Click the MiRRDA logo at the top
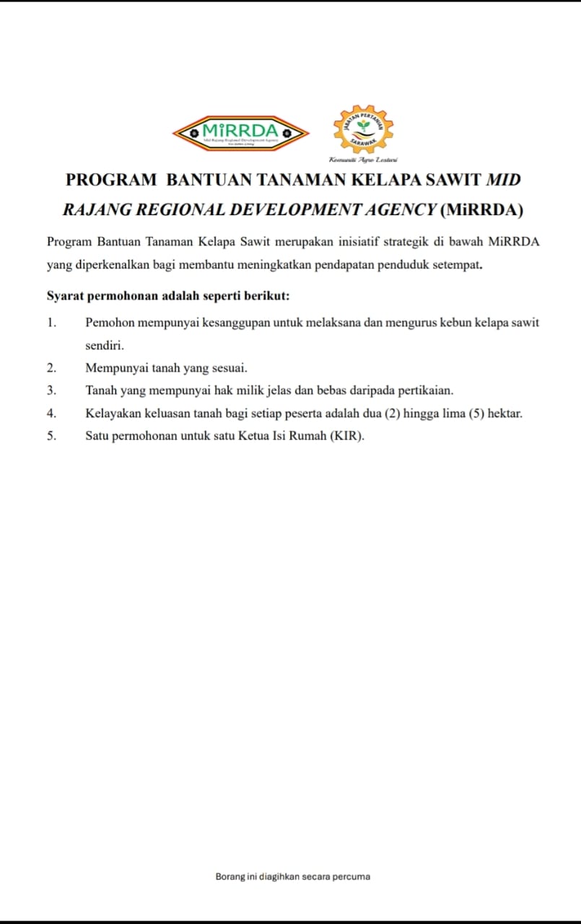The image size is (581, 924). pyautogui.click(x=240, y=132)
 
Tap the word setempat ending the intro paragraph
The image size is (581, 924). pyautogui.click(x=458, y=265)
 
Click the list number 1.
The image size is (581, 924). pyautogui.click(x=52, y=323)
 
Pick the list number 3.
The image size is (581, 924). pyautogui.click(x=52, y=391)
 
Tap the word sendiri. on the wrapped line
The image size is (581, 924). pyautogui.click(x=105, y=346)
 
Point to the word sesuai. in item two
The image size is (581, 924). pyautogui.click(x=229, y=368)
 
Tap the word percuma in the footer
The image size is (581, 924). pyautogui.click(x=351, y=877)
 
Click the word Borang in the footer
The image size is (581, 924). pyautogui.click(x=229, y=877)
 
